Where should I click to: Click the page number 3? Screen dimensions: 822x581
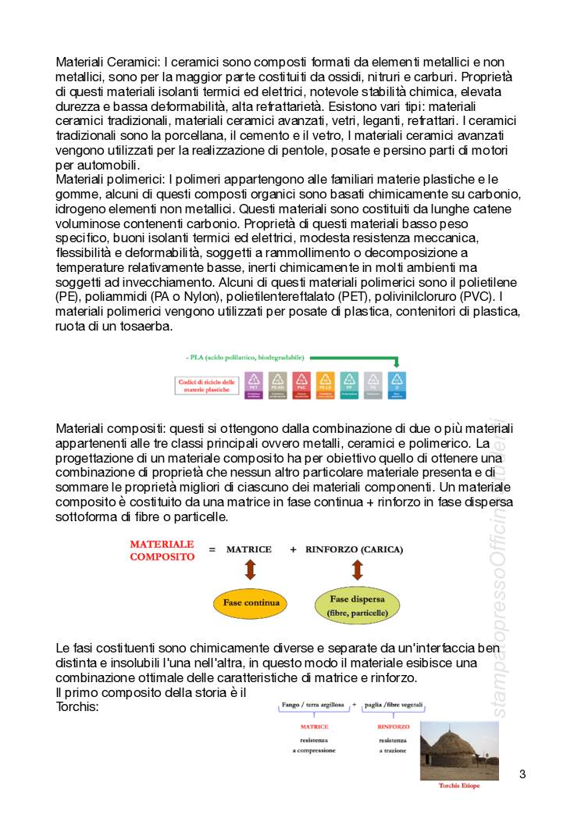(522, 774)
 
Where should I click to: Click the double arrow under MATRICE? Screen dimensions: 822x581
(250, 570)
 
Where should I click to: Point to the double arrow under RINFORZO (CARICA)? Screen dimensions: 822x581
(358, 570)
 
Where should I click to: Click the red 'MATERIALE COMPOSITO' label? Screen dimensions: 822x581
(162, 550)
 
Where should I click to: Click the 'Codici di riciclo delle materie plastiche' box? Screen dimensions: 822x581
(206, 384)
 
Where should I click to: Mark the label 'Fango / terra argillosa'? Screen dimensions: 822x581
(313, 704)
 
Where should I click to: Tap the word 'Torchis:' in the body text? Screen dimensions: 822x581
(78, 706)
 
